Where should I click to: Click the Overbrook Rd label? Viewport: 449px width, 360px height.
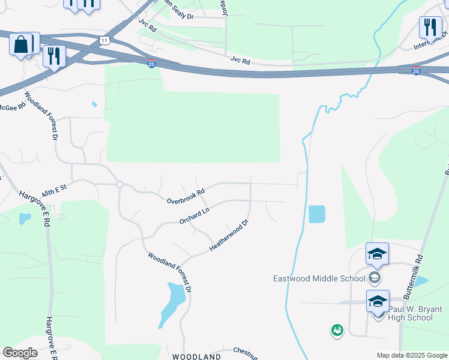186,196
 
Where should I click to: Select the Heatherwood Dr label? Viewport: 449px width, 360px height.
228,236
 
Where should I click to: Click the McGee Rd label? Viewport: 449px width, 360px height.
12,107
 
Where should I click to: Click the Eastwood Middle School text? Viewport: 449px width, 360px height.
319,278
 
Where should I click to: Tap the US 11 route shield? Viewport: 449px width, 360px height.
106,40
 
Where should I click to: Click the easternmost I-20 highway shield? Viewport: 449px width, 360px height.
416,71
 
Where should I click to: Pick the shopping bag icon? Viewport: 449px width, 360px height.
21,45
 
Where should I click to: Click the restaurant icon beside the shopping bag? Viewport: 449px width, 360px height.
54,56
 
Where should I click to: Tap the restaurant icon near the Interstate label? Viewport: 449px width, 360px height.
430,27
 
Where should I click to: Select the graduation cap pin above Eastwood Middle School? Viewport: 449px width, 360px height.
377,254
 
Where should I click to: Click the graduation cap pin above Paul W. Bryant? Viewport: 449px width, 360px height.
378,301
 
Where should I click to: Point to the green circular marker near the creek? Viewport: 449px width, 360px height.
337,329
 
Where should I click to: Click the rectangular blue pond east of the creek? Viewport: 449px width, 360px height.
316,214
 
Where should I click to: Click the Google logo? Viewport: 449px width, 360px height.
20,353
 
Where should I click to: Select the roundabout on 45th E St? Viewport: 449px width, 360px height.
120,185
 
